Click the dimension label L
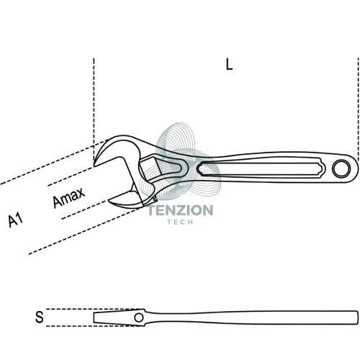tap(230, 65)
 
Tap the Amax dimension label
tap(68, 197)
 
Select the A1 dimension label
tap(15, 220)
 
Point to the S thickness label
tap(40, 317)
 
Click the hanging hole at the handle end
tap(341, 168)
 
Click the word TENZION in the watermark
tap(180, 210)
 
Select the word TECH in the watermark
tap(180, 222)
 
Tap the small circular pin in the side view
tap(139, 318)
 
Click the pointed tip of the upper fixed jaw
tap(94, 165)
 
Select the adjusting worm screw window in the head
tap(150, 167)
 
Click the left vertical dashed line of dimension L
tap(94, 109)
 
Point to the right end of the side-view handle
tap(357, 318)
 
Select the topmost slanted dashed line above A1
tap(54, 162)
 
